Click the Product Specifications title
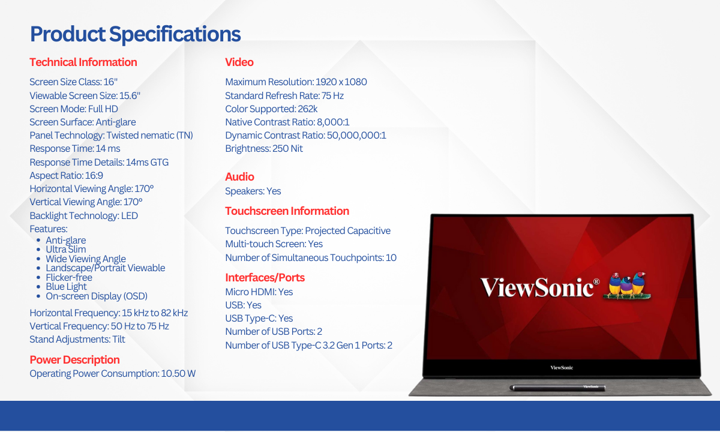(136, 34)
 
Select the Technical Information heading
(83, 62)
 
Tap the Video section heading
(239, 62)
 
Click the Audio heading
(239, 177)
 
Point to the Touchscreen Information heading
(287, 211)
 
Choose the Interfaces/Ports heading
(265, 277)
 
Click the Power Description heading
(74, 359)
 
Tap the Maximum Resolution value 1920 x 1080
(341, 82)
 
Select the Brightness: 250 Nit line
(264, 149)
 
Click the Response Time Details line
(99, 163)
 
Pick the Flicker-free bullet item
(69, 277)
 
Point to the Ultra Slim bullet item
(65, 250)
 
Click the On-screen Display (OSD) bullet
(97, 296)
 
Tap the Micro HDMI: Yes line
(259, 292)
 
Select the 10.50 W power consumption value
(178, 373)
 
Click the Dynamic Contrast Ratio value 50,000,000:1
(356, 136)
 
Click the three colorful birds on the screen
(627, 286)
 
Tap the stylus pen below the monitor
(557, 388)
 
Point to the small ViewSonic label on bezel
(562, 367)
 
